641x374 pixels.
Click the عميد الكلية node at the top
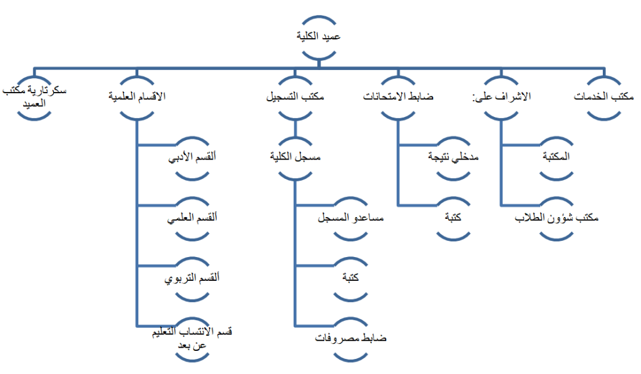[319, 37]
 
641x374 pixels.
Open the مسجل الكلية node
[295, 158]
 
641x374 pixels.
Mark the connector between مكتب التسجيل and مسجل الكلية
[295, 128]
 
